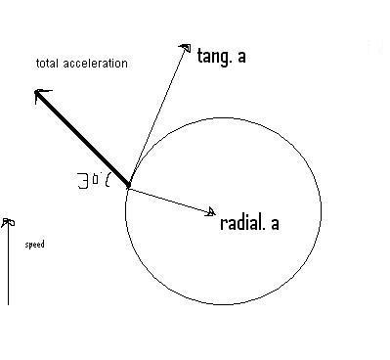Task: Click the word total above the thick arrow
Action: point(48,63)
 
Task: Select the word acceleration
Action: point(95,64)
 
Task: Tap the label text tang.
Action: point(215,57)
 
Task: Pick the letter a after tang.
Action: point(241,57)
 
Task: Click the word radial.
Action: point(242,223)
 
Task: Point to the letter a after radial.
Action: point(275,224)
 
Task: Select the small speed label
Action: point(34,245)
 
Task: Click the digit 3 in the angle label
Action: point(83,181)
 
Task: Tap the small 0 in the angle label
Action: point(95,179)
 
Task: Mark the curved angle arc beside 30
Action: point(107,180)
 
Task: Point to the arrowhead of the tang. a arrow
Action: point(186,48)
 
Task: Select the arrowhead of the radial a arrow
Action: point(211,211)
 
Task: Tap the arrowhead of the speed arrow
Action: point(8,223)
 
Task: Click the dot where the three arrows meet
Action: point(128,186)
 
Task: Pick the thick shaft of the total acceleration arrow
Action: point(82,139)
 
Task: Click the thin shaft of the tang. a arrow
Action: point(157,116)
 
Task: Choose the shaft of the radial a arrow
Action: point(171,200)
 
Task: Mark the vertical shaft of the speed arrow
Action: point(8,263)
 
